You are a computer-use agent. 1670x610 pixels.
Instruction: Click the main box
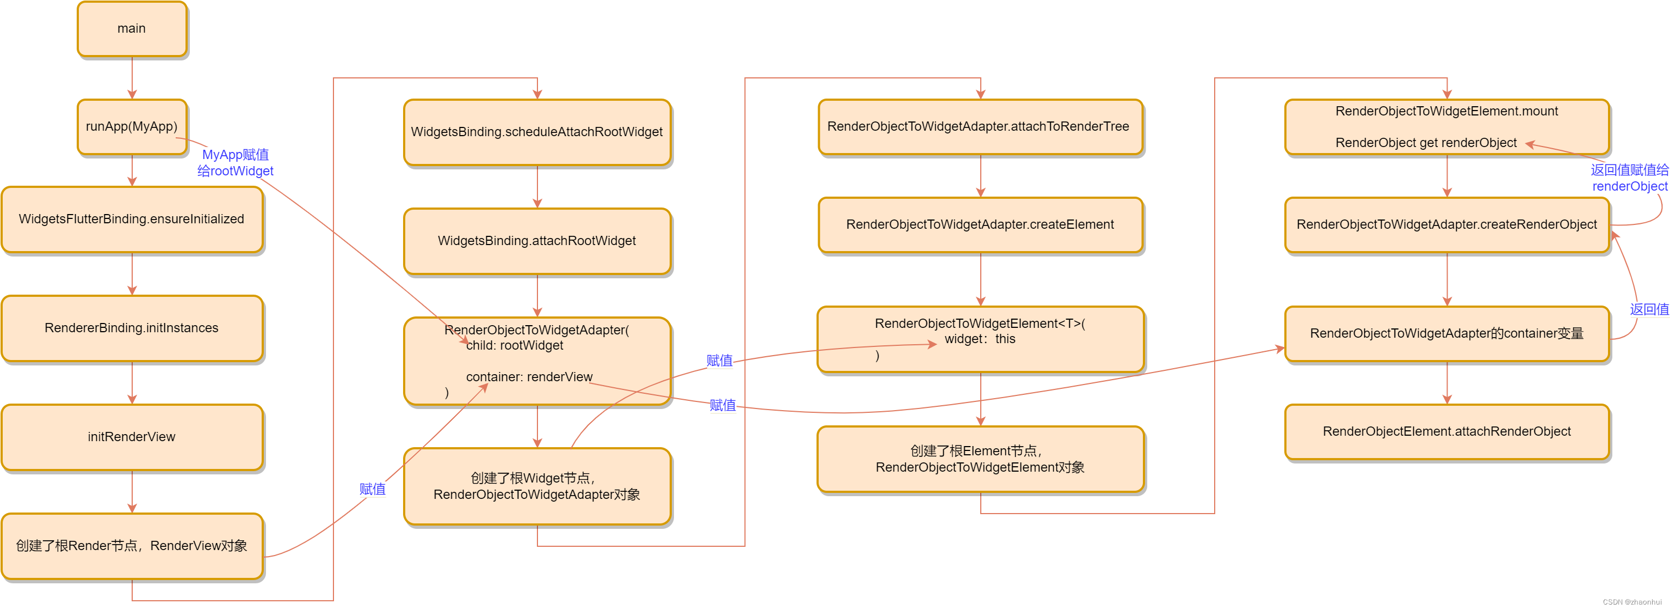point(132,28)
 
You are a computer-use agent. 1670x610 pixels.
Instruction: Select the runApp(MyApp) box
point(132,126)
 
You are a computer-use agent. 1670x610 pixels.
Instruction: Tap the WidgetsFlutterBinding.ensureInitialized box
point(132,219)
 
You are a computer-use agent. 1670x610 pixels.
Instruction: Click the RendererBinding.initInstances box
point(132,328)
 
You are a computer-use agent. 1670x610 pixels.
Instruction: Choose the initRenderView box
point(132,437)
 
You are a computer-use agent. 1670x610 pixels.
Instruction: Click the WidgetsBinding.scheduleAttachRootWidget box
point(537,132)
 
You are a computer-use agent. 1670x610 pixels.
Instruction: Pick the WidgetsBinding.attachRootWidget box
point(537,241)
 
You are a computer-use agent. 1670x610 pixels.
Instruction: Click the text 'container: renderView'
point(529,377)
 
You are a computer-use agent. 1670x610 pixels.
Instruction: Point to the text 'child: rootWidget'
point(515,346)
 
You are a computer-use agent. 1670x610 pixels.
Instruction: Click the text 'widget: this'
point(980,339)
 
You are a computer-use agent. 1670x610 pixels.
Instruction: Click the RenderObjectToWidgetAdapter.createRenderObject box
point(1446,224)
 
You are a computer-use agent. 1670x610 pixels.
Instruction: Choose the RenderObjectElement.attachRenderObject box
point(1446,431)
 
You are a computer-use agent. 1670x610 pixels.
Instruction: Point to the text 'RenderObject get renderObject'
point(1426,143)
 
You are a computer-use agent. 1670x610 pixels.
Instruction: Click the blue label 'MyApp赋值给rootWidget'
point(236,163)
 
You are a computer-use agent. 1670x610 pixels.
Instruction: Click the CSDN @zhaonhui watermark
point(1632,602)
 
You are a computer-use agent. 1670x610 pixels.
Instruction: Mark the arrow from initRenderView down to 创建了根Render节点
point(132,492)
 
